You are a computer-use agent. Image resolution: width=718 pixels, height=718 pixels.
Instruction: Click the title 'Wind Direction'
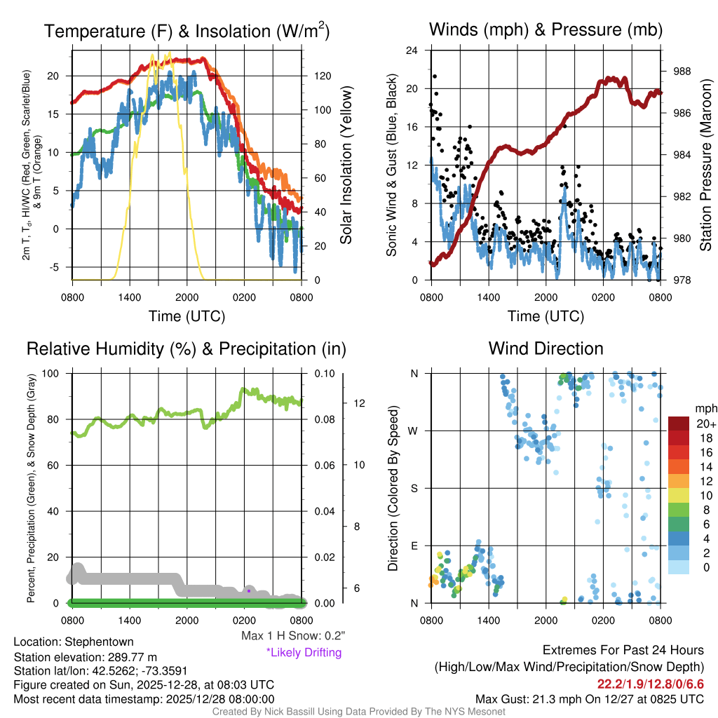point(546,348)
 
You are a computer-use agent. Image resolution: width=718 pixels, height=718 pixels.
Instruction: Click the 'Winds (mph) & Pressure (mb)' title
point(546,30)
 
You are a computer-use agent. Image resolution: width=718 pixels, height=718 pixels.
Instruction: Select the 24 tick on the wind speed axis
point(413,50)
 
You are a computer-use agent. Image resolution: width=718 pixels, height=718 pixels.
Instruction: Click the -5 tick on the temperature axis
point(59,267)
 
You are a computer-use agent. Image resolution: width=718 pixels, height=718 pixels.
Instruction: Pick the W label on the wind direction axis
point(414,431)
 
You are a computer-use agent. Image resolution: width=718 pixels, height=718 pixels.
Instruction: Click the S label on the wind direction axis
point(414,488)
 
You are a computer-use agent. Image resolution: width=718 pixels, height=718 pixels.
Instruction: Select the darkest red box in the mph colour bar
point(679,424)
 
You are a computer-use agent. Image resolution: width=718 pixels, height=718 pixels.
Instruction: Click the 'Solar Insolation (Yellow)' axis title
point(346,165)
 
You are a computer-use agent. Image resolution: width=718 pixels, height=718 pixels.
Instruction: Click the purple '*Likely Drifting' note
point(304,652)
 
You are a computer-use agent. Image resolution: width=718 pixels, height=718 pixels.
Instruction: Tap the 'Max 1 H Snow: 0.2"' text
point(292,636)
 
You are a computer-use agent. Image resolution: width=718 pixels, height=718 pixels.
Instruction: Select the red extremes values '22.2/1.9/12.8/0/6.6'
point(650,684)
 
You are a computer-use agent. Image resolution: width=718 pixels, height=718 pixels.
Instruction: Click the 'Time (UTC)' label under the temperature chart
point(187,316)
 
